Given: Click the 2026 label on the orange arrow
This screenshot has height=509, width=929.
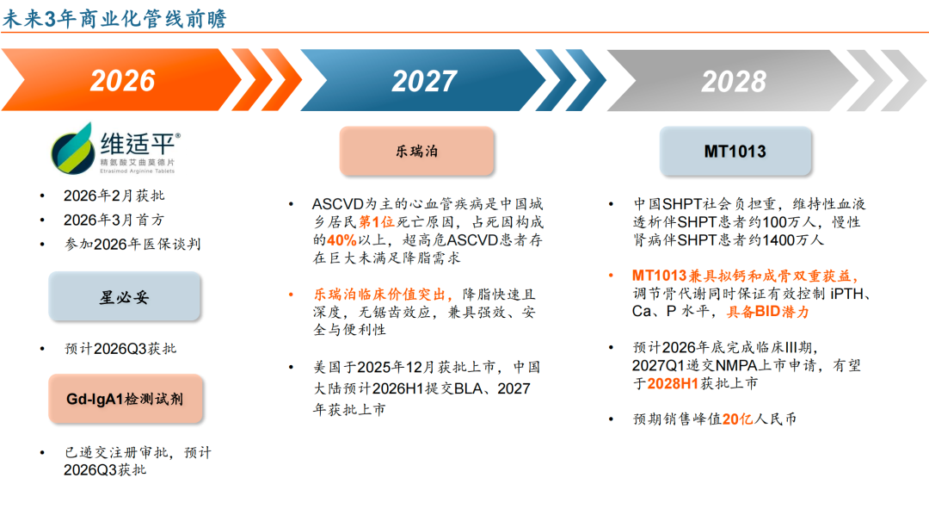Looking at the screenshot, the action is click(x=122, y=81).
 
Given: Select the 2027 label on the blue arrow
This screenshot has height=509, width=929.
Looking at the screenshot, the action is click(x=424, y=81).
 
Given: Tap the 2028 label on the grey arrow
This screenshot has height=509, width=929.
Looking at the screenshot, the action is click(x=734, y=81).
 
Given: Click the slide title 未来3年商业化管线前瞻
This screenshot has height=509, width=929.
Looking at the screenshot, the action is click(x=115, y=18).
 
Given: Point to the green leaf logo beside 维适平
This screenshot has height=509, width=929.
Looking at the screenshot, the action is click(x=73, y=148).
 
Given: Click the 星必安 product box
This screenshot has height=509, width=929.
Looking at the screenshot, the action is click(x=125, y=296).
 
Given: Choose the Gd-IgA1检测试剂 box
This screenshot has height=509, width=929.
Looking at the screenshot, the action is click(x=125, y=399).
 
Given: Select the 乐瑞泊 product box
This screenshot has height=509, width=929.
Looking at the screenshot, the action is click(x=416, y=152).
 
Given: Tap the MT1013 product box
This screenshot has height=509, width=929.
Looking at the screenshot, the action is click(x=735, y=152).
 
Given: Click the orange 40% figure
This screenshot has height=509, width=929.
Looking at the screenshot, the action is click(x=341, y=240).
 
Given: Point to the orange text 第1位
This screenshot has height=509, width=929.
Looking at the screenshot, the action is click(x=377, y=222).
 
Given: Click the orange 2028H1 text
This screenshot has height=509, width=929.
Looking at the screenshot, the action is click(x=673, y=384).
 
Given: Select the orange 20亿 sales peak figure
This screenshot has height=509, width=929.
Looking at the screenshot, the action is click(x=738, y=419).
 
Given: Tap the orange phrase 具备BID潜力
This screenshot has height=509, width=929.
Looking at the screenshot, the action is click(x=768, y=312).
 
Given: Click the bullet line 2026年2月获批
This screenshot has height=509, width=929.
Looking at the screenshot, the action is click(x=114, y=196).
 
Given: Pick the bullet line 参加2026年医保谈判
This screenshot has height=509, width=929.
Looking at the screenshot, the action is click(x=132, y=245).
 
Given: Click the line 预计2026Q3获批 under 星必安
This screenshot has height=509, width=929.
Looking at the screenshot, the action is click(x=120, y=349).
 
